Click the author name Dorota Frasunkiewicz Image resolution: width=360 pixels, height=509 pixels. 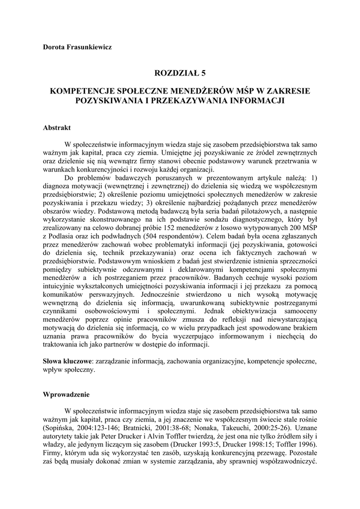[77, 47]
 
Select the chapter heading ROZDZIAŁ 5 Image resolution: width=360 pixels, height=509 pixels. [180, 73]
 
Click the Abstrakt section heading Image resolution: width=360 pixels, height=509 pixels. [57, 128]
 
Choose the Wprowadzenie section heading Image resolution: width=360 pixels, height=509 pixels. [66, 395]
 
